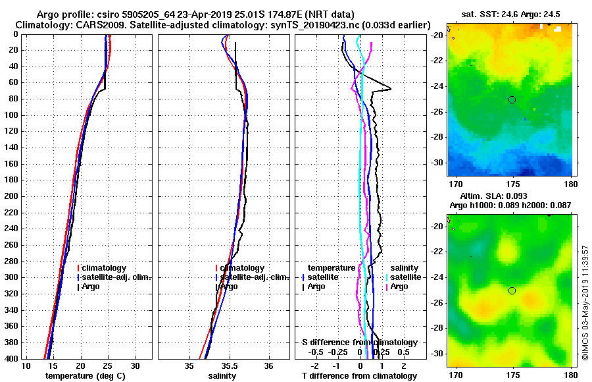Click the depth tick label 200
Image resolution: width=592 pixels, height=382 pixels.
click(x=11, y=196)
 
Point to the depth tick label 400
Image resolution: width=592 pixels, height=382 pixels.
click(x=11, y=358)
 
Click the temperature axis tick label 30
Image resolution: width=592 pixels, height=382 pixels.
click(x=136, y=366)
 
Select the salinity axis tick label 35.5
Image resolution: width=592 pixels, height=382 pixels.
click(x=230, y=366)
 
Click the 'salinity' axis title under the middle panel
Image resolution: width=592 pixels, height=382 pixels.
click(x=223, y=376)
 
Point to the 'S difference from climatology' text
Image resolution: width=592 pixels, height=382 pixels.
click(x=360, y=342)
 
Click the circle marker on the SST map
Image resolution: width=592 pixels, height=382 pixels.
click(x=512, y=99)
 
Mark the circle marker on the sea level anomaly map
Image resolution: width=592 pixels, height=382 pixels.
click(x=512, y=290)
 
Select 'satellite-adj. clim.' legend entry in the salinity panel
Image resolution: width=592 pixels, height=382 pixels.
click(x=253, y=277)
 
